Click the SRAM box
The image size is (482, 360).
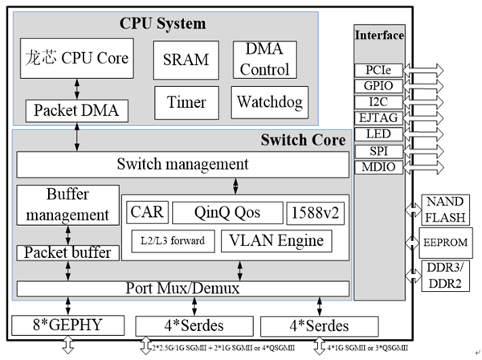[x=186, y=59]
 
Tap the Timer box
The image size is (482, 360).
[x=186, y=102]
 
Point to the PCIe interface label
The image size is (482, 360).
[x=378, y=70]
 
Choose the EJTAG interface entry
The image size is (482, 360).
[x=378, y=117]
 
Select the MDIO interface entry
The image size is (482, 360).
[x=378, y=166]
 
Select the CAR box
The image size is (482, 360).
[x=145, y=212]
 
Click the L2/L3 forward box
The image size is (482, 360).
[x=172, y=239]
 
